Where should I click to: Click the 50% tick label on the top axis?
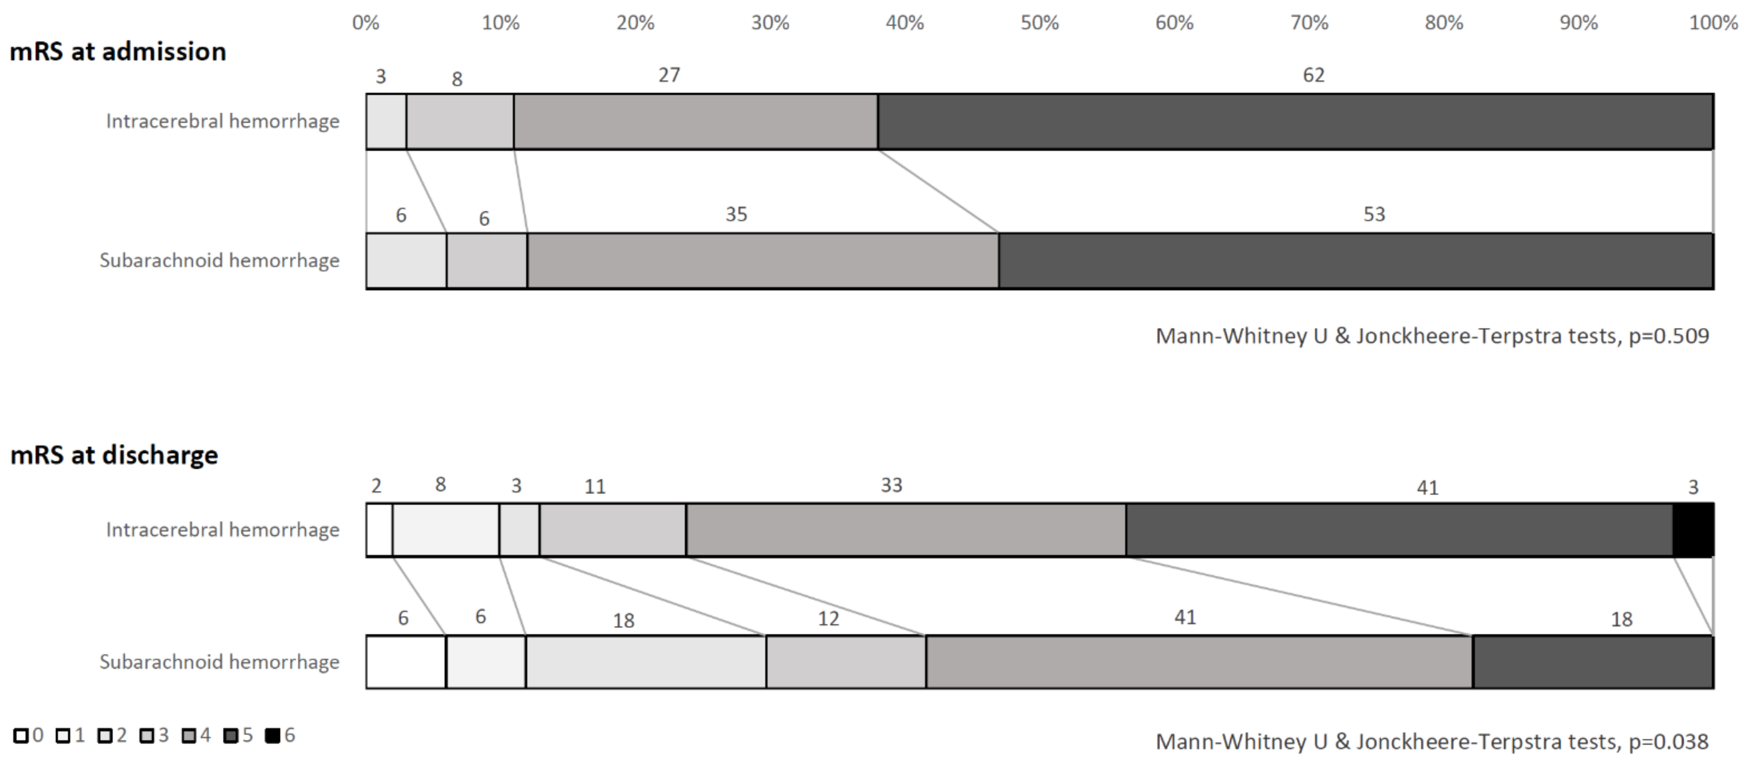point(1039,23)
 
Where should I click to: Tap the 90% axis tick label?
point(1579,23)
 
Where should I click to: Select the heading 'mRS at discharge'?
point(114,455)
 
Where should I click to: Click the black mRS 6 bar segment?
point(1693,529)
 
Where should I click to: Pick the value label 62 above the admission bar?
point(1313,75)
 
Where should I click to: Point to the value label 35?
point(736,214)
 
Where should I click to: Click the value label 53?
point(1373,214)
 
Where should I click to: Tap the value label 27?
point(669,75)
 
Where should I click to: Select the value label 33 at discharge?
point(891,485)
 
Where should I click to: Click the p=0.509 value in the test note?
point(1668,336)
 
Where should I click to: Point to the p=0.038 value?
point(1668,741)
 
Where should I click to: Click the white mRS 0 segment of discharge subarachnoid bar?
point(406,662)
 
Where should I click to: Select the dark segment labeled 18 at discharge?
point(1593,662)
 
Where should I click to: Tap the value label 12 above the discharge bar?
point(828,619)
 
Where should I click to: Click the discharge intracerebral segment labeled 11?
point(613,529)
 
